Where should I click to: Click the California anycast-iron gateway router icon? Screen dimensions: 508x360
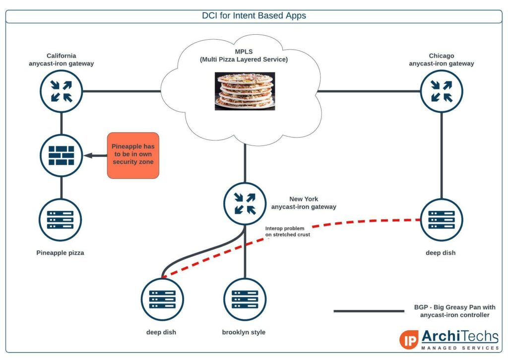(61, 91)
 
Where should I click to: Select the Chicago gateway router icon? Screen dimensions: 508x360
(442, 91)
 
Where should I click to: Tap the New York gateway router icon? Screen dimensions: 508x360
(245, 204)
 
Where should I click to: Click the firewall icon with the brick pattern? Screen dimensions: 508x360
(61, 155)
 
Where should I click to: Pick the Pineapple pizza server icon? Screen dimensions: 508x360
(61, 219)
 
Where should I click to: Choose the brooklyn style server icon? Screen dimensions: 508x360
(245, 299)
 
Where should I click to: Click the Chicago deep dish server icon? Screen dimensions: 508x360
(442, 219)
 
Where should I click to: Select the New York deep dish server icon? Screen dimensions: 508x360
(162, 299)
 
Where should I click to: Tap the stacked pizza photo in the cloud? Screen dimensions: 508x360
(245, 91)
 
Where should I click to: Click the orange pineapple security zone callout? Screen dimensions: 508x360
(133, 155)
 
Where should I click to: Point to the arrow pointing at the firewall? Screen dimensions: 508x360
(95, 156)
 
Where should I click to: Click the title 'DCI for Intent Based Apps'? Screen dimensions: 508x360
(254, 15)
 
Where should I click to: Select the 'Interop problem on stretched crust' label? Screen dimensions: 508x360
(288, 231)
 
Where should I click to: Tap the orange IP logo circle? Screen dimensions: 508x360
(409, 340)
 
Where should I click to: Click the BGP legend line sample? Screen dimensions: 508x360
(369, 311)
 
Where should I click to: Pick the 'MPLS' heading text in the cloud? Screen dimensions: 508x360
(244, 52)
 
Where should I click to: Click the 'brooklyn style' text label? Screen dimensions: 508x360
(244, 332)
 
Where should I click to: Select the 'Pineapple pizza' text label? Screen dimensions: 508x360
(60, 253)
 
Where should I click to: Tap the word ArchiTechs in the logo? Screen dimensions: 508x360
(460, 336)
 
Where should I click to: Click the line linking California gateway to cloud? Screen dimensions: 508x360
(122, 91)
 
